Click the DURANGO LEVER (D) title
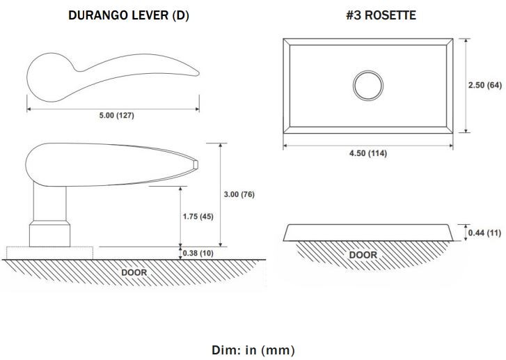pyautogui.click(x=129, y=15)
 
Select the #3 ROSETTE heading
pyautogui.click(x=381, y=15)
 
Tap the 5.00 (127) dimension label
pyautogui.click(x=116, y=116)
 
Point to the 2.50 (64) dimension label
pyautogui.click(x=485, y=85)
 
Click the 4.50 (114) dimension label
pyautogui.click(x=368, y=153)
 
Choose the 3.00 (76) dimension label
pyautogui.click(x=239, y=194)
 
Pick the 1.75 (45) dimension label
pyautogui.click(x=198, y=217)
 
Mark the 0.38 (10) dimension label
pyautogui.click(x=198, y=253)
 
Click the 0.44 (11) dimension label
pyautogui.click(x=484, y=233)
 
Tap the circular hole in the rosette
pyautogui.click(x=368, y=86)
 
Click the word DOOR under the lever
pyautogui.click(x=134, y=272)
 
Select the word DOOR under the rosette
pyautogui.click(x=363, y=255)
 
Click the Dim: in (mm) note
pyautogui.click(x=253, y=350)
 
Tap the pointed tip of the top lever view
pyautogui.click(x=198, y=74)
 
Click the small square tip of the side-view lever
pyautogui.click(x=196, y=164)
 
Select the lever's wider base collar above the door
pyautogui.click(x=49, y=234)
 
